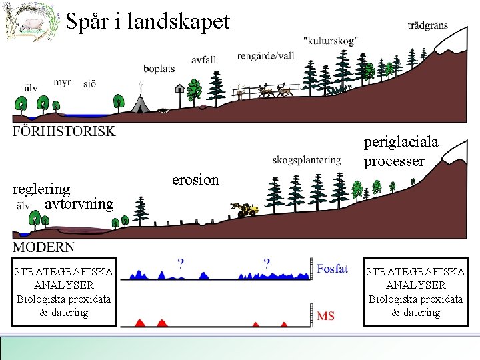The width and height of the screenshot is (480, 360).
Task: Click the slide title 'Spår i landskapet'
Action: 147,22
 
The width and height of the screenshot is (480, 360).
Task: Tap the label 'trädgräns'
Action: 427,26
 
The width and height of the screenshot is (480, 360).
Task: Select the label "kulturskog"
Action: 330,41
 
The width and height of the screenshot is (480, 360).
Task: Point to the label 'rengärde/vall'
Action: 265,56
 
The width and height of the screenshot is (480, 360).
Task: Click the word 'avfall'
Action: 203,60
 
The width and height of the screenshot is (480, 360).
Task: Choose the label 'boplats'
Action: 159,68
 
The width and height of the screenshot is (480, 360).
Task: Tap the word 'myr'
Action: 62,82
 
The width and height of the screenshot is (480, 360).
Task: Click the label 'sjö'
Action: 89,84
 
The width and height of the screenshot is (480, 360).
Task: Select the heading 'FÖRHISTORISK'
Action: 63,131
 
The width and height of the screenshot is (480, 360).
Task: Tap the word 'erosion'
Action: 195,180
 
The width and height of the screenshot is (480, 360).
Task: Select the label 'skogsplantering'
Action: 307,160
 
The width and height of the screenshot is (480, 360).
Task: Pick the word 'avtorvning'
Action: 79,203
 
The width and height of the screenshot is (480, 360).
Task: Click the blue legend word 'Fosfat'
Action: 332,269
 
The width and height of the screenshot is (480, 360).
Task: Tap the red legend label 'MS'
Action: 326,315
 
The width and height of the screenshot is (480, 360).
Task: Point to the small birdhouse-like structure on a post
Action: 179,89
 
